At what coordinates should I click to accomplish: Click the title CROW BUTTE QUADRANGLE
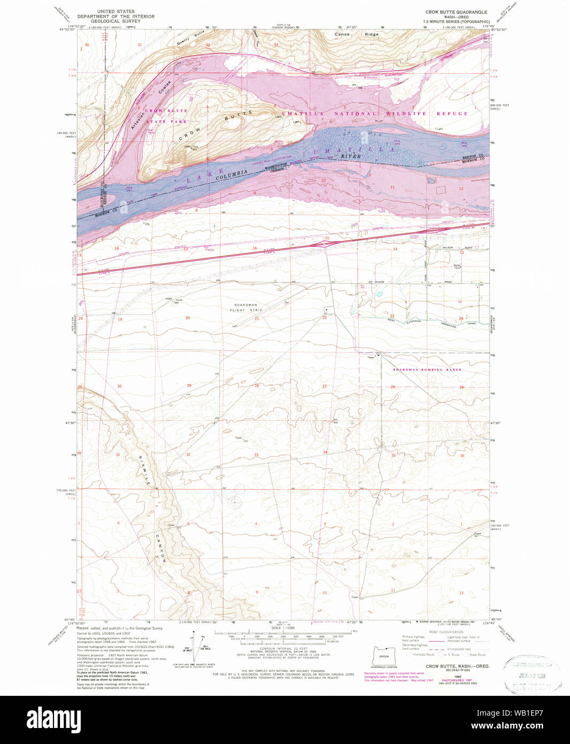[456, 12]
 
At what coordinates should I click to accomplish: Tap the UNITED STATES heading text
[115, 11]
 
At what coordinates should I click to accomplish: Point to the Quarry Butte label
[192, 34]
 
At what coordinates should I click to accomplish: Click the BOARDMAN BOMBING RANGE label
[427, 370]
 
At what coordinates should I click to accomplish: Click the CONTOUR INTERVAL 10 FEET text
[283, 648]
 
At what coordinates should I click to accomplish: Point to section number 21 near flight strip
[257, 318]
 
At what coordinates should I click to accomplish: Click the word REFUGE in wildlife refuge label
[452, 113]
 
